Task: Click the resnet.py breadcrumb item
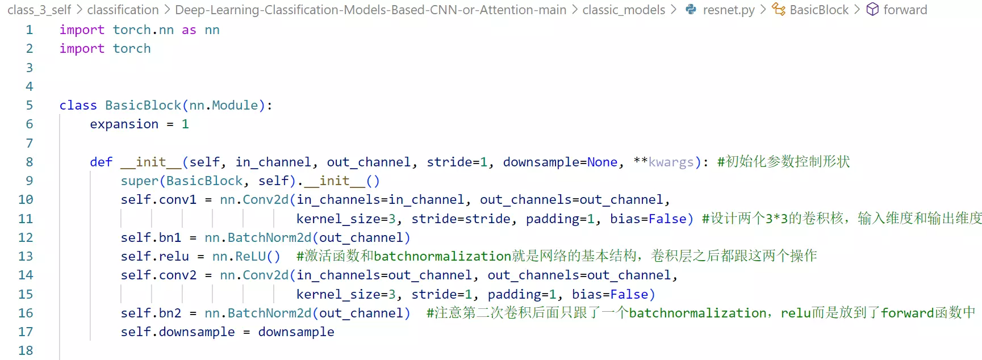click(729, 10)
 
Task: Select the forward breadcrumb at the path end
click(905, 10)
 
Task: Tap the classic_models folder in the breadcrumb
click(624, 10)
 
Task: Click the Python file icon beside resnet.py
click(691, 10)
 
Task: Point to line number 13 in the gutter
click(26, 256)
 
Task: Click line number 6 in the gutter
click(30, 124)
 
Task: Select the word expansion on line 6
click(124, 124)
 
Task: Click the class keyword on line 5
click(78, 105)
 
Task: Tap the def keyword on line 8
click(101, 162)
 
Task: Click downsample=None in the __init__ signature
click(560, 162)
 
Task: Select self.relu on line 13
click(154, 256)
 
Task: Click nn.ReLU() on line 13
click(246, 256)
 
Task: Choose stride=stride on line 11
click(461, 219)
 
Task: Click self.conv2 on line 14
click(158, 275)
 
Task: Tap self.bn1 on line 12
click(151, 237)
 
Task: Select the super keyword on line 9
click(139, 181)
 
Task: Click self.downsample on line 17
click(177, 332)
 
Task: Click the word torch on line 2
click(132, 48)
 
